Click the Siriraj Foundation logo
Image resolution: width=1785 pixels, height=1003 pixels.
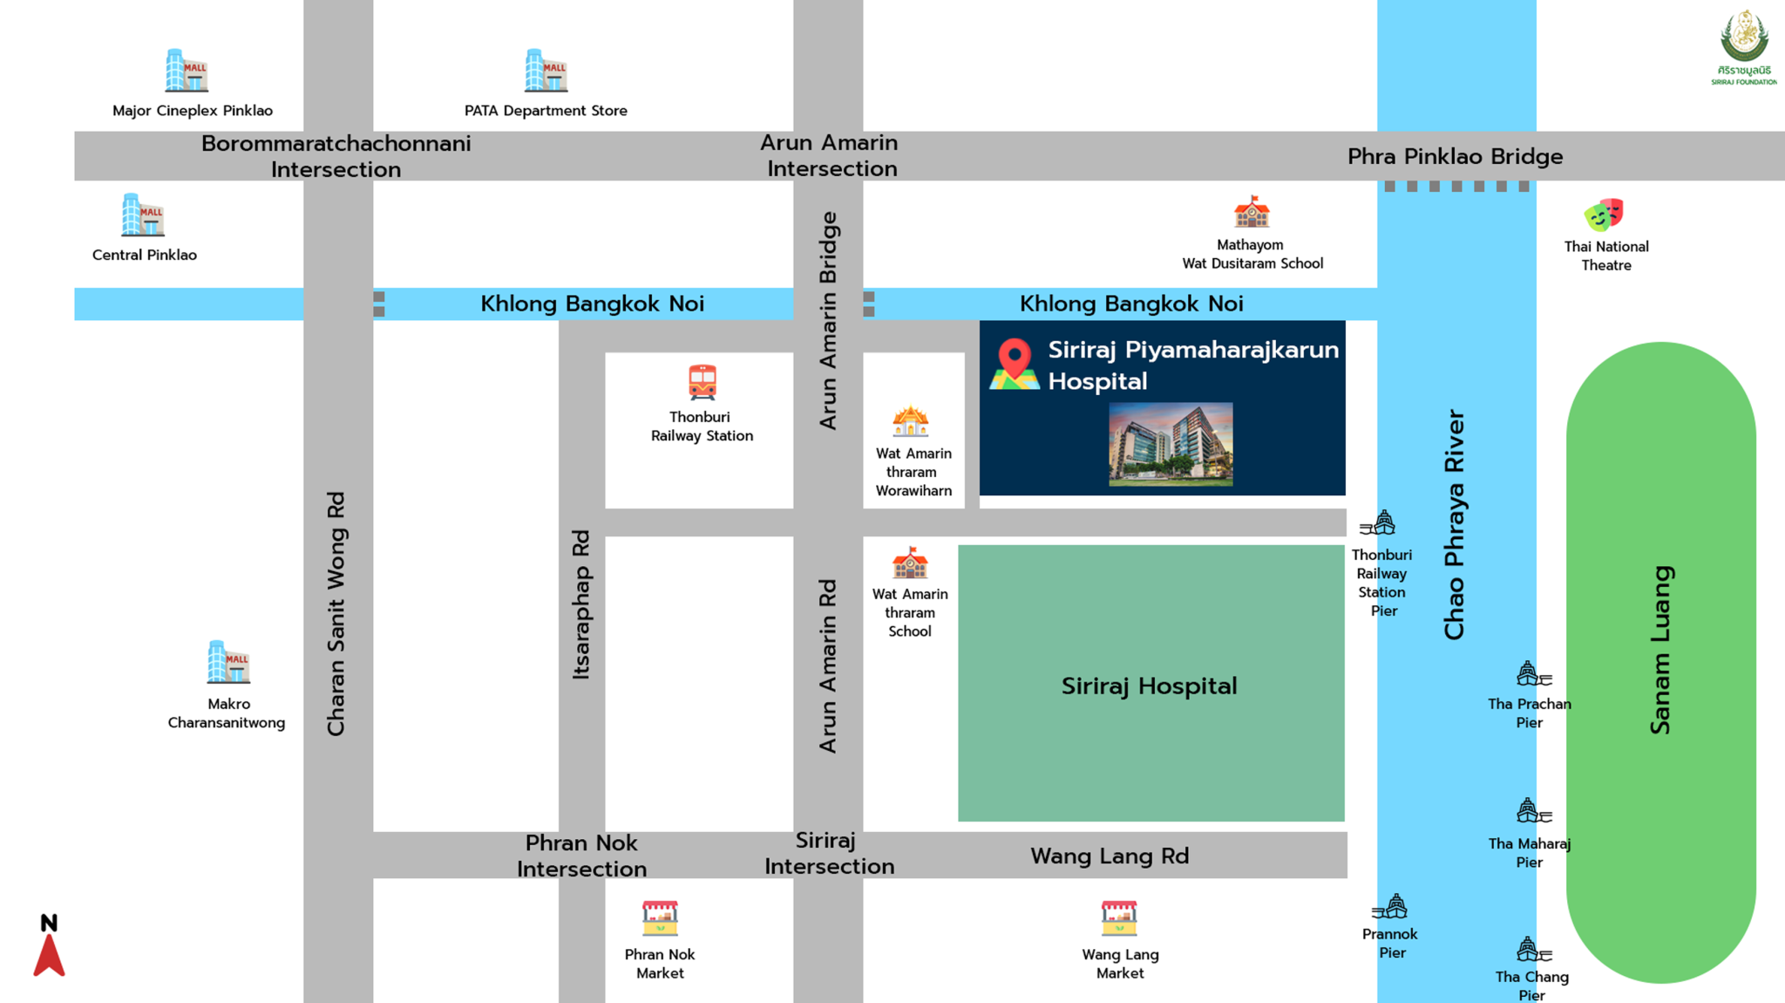pyautogui.click(x=1743, y=48)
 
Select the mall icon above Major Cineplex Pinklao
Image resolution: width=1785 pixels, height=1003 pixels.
pyautogui.click(x=187, y=71)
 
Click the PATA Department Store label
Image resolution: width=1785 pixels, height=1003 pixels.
pyautogui.click(x=546, y=111)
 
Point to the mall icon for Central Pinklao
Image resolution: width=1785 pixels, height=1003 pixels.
pyautogui.click(x=143, y=215)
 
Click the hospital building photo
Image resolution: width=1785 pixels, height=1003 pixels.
pyautogui.click(x=1171, y=444)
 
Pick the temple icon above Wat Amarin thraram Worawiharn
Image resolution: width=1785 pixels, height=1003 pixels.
pyautogui.click(x=910, y=422)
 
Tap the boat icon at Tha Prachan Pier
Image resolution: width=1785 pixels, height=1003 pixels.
pyautogui.click(x=1531, y=674)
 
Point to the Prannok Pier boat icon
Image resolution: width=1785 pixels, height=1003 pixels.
pyautogui.click(x=1391, y=907)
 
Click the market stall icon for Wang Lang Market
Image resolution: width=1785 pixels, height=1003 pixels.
pyautogui.click(x=1119, y=918)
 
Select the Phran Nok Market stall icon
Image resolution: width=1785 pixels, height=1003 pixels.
pyautogui.click(x=660, y=918)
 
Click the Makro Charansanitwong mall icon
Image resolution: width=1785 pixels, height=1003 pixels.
pyautogui.click(x=228, y=663)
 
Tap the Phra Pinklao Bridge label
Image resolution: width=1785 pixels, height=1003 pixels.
pyautogui.click(x=1455, y=157)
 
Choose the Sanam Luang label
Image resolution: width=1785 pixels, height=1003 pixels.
pyautogui.click(x=1661, y=650)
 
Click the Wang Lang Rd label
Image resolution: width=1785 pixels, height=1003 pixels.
pyautogui.click(x=1110, y=856)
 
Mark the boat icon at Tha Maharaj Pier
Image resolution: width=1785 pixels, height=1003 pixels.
pyautogui.click(x=1531, y=812)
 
